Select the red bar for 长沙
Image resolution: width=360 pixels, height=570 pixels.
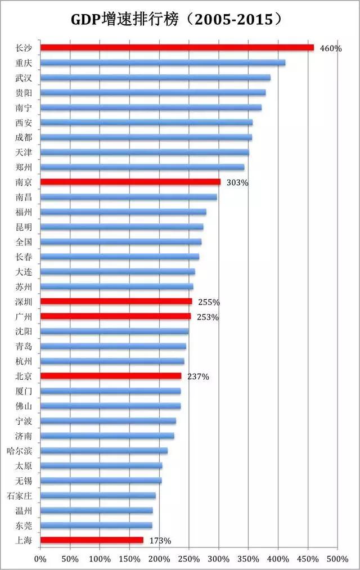177,47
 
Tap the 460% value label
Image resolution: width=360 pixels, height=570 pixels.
330,48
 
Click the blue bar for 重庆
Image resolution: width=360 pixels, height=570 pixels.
163,62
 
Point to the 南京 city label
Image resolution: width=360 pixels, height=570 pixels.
24,182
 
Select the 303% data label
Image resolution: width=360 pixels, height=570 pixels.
237,182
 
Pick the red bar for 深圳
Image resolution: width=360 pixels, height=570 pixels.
116,302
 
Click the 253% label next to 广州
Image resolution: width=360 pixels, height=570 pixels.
208,317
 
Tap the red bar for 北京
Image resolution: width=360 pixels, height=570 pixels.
111,376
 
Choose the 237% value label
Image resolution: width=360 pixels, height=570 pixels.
198,376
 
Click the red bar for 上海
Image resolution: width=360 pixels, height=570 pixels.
92,540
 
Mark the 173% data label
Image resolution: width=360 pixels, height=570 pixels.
160,541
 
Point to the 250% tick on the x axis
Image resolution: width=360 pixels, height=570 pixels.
189,559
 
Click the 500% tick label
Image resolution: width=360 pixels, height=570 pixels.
337,559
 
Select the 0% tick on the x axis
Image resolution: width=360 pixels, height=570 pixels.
40,559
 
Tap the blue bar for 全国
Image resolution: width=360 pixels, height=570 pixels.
121,241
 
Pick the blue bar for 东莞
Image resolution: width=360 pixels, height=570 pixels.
96,525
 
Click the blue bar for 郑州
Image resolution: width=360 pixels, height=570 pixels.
142,167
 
